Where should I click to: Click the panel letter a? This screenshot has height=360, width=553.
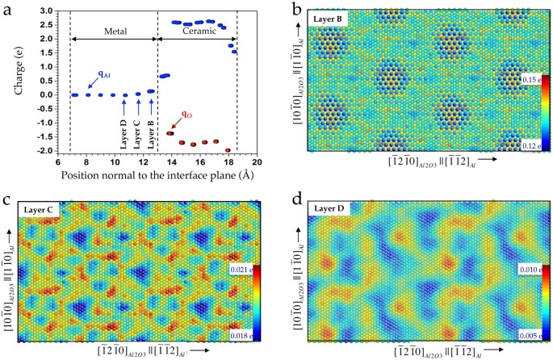tap(6, 7)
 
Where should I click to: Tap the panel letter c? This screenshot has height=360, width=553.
tap(6, 190)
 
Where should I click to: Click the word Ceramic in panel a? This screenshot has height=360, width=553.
tap(196, 31)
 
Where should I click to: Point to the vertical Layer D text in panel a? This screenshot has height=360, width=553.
tap(124, 129)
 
